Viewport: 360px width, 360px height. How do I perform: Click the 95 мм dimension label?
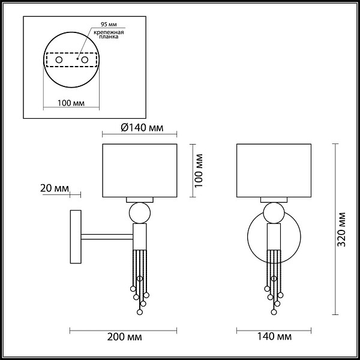(x=109, y=25)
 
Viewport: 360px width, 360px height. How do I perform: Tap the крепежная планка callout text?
(x=109, y=34)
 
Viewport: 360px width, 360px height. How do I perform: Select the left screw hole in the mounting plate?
(x=59, y=60)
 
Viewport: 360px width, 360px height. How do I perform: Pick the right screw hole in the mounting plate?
(x=85, y=60)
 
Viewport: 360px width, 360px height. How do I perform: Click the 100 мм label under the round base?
(x=71, y=103)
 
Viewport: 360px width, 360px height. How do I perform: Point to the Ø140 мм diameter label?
(x=142, y=128)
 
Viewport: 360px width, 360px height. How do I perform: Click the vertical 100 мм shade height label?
(x=199, y=170)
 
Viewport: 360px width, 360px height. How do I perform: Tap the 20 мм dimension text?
(x=55, y=188)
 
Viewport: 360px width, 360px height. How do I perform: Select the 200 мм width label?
(x=124, y=337)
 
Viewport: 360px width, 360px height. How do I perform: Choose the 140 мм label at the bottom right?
(x=274, y=337)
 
